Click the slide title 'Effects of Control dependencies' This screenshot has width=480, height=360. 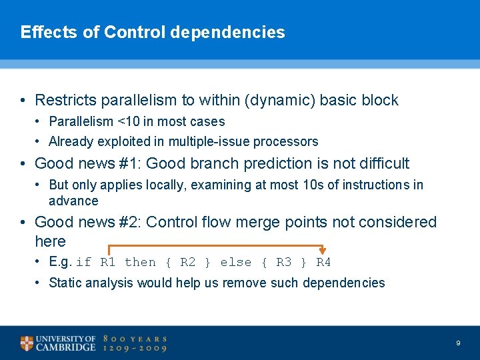pos(153,32)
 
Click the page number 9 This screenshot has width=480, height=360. pos(458,343)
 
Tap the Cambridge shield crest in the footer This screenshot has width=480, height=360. pos(26,343)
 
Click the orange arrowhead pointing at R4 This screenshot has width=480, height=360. pos(323,251)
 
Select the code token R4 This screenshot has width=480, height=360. pos(323,263)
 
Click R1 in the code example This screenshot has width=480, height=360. pos(107,263)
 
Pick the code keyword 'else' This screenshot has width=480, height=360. pos(236,263)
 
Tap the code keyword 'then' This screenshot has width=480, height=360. pos(140,263)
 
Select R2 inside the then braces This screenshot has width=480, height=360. pos(188,263)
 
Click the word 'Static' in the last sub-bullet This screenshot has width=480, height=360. pos(65,283)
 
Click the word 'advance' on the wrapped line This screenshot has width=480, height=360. pos(73,201)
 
